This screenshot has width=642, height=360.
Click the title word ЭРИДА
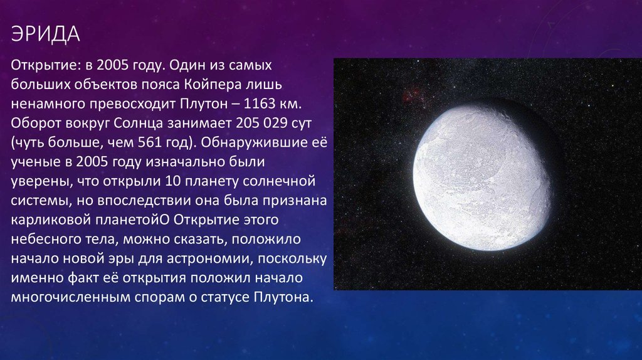(45, 34)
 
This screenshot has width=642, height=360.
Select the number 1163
(260, 103)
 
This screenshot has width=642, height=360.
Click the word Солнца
(139, 123)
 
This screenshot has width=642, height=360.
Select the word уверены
(41, 181)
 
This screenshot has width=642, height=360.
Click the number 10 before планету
(173, 181)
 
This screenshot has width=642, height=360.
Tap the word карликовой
(50, 220)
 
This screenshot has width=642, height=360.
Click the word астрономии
(209, 259)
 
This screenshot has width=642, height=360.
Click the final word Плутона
(283, 297)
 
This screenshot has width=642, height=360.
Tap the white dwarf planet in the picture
(481, 178)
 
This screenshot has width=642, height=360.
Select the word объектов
(106, 84)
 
